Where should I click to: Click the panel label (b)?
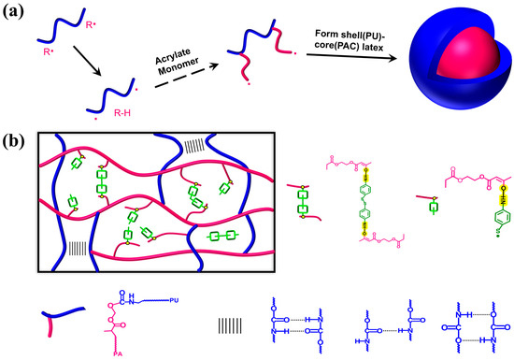(x=14, y=142)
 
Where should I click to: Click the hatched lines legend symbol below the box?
(x=228, y=325)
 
